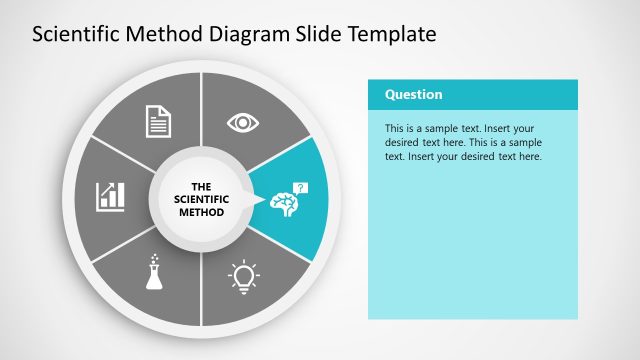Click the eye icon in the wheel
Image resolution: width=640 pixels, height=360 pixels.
[x=241, y=122]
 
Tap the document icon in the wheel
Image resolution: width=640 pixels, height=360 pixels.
[x=159, y=122]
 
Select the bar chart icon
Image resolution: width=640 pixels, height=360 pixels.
[x=110, y=196]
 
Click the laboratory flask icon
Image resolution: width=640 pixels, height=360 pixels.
[x=154, y=271]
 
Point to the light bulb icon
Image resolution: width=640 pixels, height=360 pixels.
[x=243, y=274]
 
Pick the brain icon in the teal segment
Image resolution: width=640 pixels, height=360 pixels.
[x=283, y=202]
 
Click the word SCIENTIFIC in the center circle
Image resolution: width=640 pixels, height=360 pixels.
[x=200, y=199]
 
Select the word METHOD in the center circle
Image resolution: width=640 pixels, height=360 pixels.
[x=200, y=212]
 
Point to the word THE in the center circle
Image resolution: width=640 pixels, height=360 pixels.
[x=200, y=186]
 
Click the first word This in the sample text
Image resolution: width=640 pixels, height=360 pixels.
[x=394, y=129]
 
